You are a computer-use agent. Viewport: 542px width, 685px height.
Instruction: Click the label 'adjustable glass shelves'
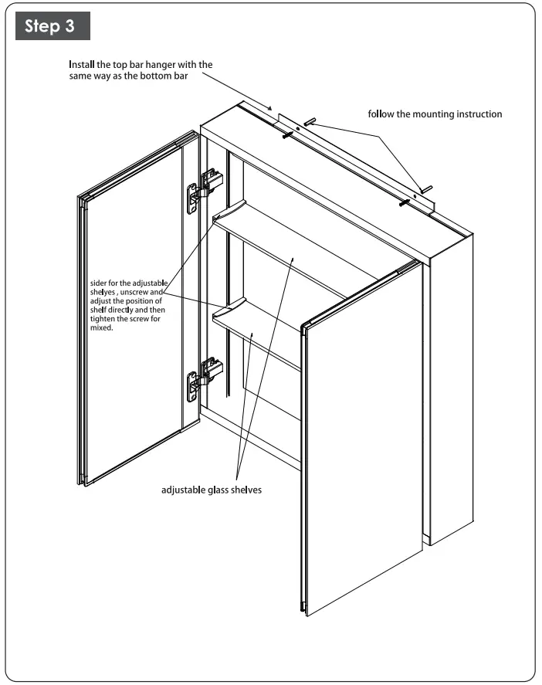tap(212, 490)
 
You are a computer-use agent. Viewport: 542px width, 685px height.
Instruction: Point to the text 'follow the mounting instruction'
tap(435, 114)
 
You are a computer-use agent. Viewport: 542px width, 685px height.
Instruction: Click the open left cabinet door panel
tap(133, 309)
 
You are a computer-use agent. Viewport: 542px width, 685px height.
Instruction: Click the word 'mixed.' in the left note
tap(102, 327)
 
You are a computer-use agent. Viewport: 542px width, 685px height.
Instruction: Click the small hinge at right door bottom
tap(303, 605)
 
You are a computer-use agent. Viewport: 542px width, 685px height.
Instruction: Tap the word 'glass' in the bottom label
tap(219, 490)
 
